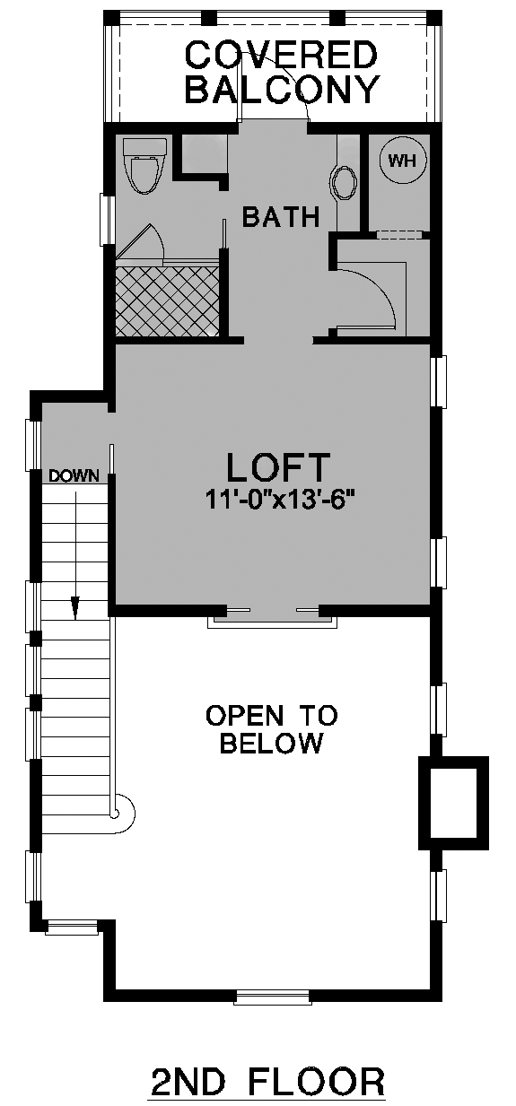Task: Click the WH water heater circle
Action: [x=402, y=160]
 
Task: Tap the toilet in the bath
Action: [x=144, y=165]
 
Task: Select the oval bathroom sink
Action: [x=343, y=182]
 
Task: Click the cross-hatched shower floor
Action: [x=168, y=301]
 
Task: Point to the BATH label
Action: [x=281, y=217]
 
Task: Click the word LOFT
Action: [x=278, y=466]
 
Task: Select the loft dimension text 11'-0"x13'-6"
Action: [x=281, y=500]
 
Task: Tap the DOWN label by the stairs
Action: [x=74, y=476]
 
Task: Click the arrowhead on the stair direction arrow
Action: [x=75, y=607]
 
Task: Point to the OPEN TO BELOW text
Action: [x=271, y=729]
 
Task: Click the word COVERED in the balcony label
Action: [x=281, y=55]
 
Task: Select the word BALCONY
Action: [x=283, y=89]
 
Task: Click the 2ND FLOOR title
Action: [x=267, y=1083]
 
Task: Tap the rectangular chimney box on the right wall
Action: [x=453, y=803]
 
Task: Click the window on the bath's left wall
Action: [x=105, y=219]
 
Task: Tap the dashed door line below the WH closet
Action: [x=399, y=235]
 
